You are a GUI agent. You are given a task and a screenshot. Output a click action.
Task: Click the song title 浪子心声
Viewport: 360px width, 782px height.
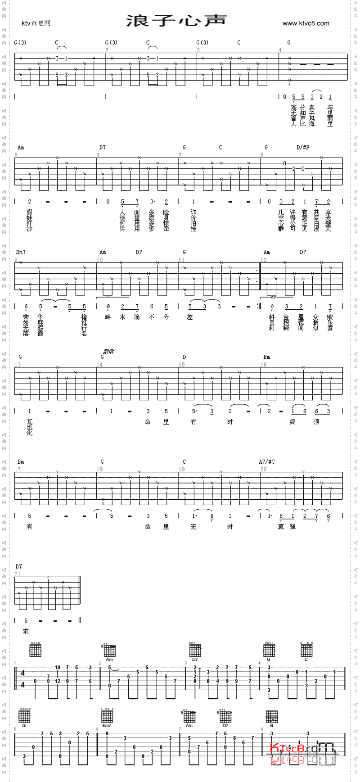pos(176,21)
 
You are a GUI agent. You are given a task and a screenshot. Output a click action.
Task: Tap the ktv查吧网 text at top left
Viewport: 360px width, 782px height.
pos(36,23)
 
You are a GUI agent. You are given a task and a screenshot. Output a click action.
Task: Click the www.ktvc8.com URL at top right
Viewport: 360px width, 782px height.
pos(306,23)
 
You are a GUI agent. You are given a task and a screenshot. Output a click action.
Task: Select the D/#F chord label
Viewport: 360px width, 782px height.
pos(303,147)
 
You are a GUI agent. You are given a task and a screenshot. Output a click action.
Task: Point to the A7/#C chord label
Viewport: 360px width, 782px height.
pos(267,462)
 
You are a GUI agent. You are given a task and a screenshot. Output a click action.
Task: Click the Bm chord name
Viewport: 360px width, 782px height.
pos(21,462)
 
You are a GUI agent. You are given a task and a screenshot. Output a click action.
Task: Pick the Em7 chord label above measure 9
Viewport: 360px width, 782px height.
pos(21,252)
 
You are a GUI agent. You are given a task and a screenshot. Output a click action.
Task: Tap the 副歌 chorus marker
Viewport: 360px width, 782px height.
pos(108,352)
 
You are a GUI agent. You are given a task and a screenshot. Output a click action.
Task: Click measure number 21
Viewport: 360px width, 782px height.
pos(18,574)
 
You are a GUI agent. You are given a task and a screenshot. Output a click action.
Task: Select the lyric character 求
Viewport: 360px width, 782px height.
pos(26,632)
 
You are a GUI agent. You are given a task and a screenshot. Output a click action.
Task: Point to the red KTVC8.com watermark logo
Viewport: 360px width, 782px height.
pos(302,749)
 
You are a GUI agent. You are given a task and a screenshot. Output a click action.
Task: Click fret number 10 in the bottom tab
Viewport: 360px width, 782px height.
pos(58,667)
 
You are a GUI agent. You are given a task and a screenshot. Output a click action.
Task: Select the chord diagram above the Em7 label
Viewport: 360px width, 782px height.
pos(107,715)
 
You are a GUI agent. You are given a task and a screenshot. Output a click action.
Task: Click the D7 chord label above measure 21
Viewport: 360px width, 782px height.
pos(18,566)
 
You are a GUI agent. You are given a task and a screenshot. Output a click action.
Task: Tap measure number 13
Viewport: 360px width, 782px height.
pos(18,365)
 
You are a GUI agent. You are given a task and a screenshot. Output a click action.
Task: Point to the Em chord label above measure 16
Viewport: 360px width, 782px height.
pos(266,357)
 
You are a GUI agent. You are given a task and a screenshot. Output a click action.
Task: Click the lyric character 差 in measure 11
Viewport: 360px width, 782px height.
pos(190,317)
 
